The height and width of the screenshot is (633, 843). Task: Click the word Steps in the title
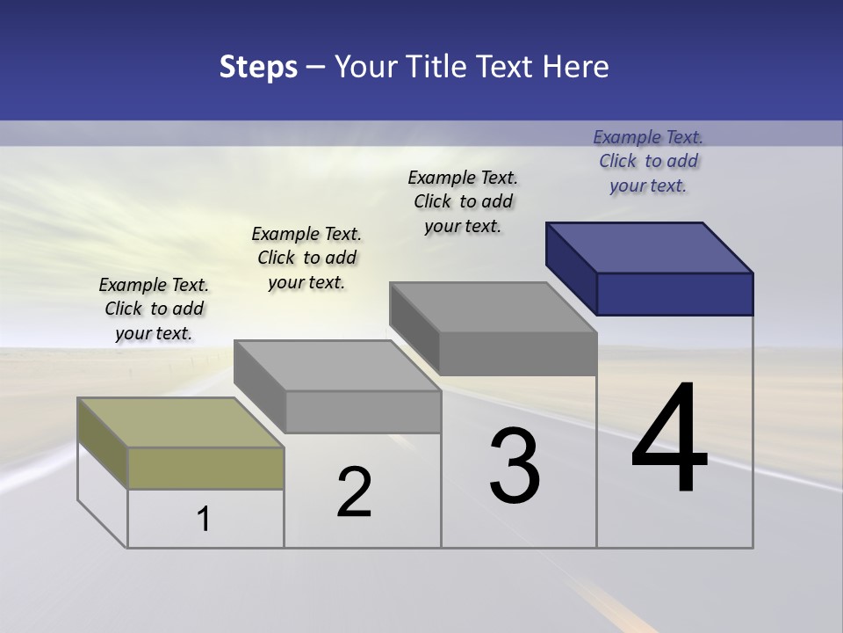pyautogui.click(x=258, y=67)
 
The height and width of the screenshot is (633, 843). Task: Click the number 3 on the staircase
pyautogui.click(x=515, y=466)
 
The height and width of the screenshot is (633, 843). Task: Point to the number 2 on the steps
pyautogui.click(x=354, y=492)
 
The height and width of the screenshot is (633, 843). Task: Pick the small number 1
pyautogui.click(x=204, y=520)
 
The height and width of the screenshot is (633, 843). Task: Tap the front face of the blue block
pyautogui.click(x=674, y=294)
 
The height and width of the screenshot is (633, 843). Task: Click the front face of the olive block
pyautogui.click(x=205, y=468)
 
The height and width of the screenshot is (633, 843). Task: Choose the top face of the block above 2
pyautogui.click(x=337, y=365)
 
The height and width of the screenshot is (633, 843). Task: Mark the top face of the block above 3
pyautogui.click(x=494, y=307)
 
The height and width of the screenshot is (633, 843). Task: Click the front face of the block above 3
pyautogui.click(x=518, y=354)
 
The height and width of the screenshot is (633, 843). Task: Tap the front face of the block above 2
pyautogui.click(x=363, y=411)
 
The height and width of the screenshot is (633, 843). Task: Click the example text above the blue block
pyautogui.click(x=648, y=161)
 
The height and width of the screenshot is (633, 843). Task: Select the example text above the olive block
pyautogui.click(x=154, y=309)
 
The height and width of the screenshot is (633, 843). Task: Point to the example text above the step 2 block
pyautogui.click(x=306, y=258)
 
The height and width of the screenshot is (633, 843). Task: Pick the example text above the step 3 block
pyautogui.click(x=463, y=201)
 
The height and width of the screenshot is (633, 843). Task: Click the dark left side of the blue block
pyautogui.click(x=571, y=268)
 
